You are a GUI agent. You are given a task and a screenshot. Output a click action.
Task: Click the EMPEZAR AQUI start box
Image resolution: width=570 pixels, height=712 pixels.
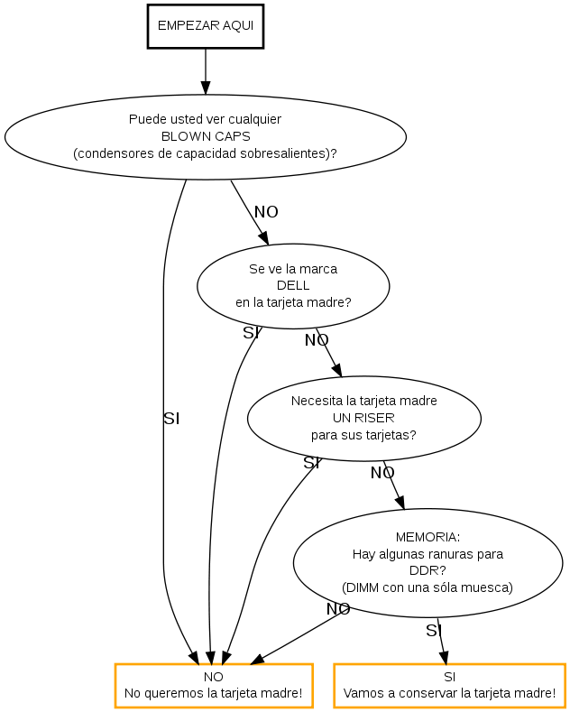pyautogui.click(x=206, y=26)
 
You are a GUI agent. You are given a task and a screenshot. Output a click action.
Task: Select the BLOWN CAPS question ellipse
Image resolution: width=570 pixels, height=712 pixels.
pyautogui.click(x=206, y=136)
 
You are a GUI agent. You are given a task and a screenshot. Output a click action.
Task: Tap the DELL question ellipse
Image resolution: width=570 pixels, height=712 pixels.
pyautogui.click(x=293, y=286)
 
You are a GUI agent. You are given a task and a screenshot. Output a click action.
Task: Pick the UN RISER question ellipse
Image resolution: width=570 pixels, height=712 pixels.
pyautogui.click(x=363, y=418)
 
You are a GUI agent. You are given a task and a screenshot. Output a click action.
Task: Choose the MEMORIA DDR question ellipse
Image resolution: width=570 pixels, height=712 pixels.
pyautogui.click(x=427, y=561)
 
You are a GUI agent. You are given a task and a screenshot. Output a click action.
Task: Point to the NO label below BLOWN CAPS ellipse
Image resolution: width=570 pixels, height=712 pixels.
pyautogui.click(x=266, y=212)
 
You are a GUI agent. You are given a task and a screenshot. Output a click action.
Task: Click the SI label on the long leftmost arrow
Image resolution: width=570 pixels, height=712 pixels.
pyautogui.click(x=171, y=419)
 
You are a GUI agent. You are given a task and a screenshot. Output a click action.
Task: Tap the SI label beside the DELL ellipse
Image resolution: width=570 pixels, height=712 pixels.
pyautogui.click(x=251, y=333)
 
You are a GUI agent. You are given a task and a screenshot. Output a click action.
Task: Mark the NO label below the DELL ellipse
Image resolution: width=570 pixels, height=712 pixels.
pyautogui.click(x=317, y=340)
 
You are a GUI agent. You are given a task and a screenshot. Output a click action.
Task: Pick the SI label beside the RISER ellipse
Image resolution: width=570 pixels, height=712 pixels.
pyautogui.click(x=311, y=463)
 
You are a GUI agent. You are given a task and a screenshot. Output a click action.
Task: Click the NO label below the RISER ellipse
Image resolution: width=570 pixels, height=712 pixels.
pyautogui.click(x=382, y=472)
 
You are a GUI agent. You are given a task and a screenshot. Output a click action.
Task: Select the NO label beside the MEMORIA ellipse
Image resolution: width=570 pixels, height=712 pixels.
pyautogui.click(x=338, y=609)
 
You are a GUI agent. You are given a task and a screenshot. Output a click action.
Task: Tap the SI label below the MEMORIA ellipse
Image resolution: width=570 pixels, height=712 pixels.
pyautogui.click(x=433, y=631)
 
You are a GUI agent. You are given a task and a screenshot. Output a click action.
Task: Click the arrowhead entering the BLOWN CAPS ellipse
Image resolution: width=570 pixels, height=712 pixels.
pyautogui.click(x=206, y=88)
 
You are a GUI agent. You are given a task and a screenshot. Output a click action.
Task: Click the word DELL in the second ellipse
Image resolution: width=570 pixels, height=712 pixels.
pyautogui.click(x=293, y=286)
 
